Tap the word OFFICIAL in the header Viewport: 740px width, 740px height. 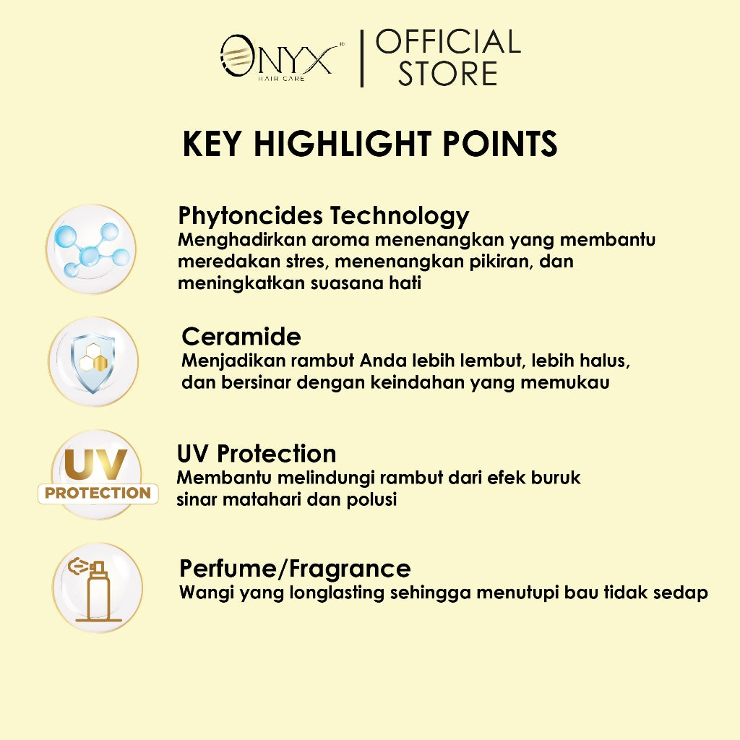click(448, 42)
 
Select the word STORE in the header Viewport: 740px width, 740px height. click(448, 74)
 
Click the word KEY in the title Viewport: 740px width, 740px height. click(212, 144)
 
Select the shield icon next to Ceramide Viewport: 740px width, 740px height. click(92, 361)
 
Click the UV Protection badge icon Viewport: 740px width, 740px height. click(98, 476)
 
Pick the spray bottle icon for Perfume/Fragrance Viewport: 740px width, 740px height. click(97, 588)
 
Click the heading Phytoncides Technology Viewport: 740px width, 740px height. click(324, 215)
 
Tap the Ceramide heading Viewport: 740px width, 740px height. click(241, 336)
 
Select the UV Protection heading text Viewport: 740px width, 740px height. click(257, 453)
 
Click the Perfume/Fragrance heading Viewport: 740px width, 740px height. click(295, 568)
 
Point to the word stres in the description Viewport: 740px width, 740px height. click(306, 261)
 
